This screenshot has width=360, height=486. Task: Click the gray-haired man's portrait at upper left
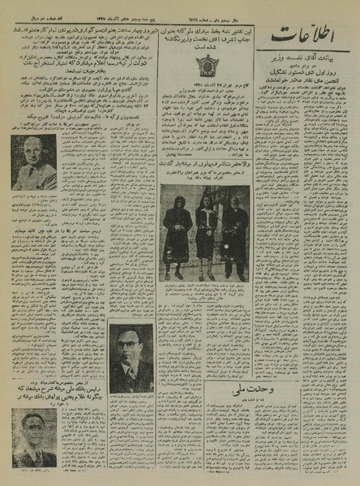tap(33, 161)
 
